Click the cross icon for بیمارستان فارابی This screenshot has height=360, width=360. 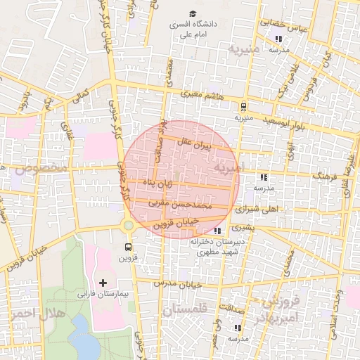[104, 282]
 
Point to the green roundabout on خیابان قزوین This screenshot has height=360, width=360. [129, 226]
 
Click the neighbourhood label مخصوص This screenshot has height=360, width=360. [34, 169]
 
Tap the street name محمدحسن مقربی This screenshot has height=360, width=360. [179, 204]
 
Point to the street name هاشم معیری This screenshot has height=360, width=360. [202, 95]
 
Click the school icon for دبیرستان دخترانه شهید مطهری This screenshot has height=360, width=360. [217, 230]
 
